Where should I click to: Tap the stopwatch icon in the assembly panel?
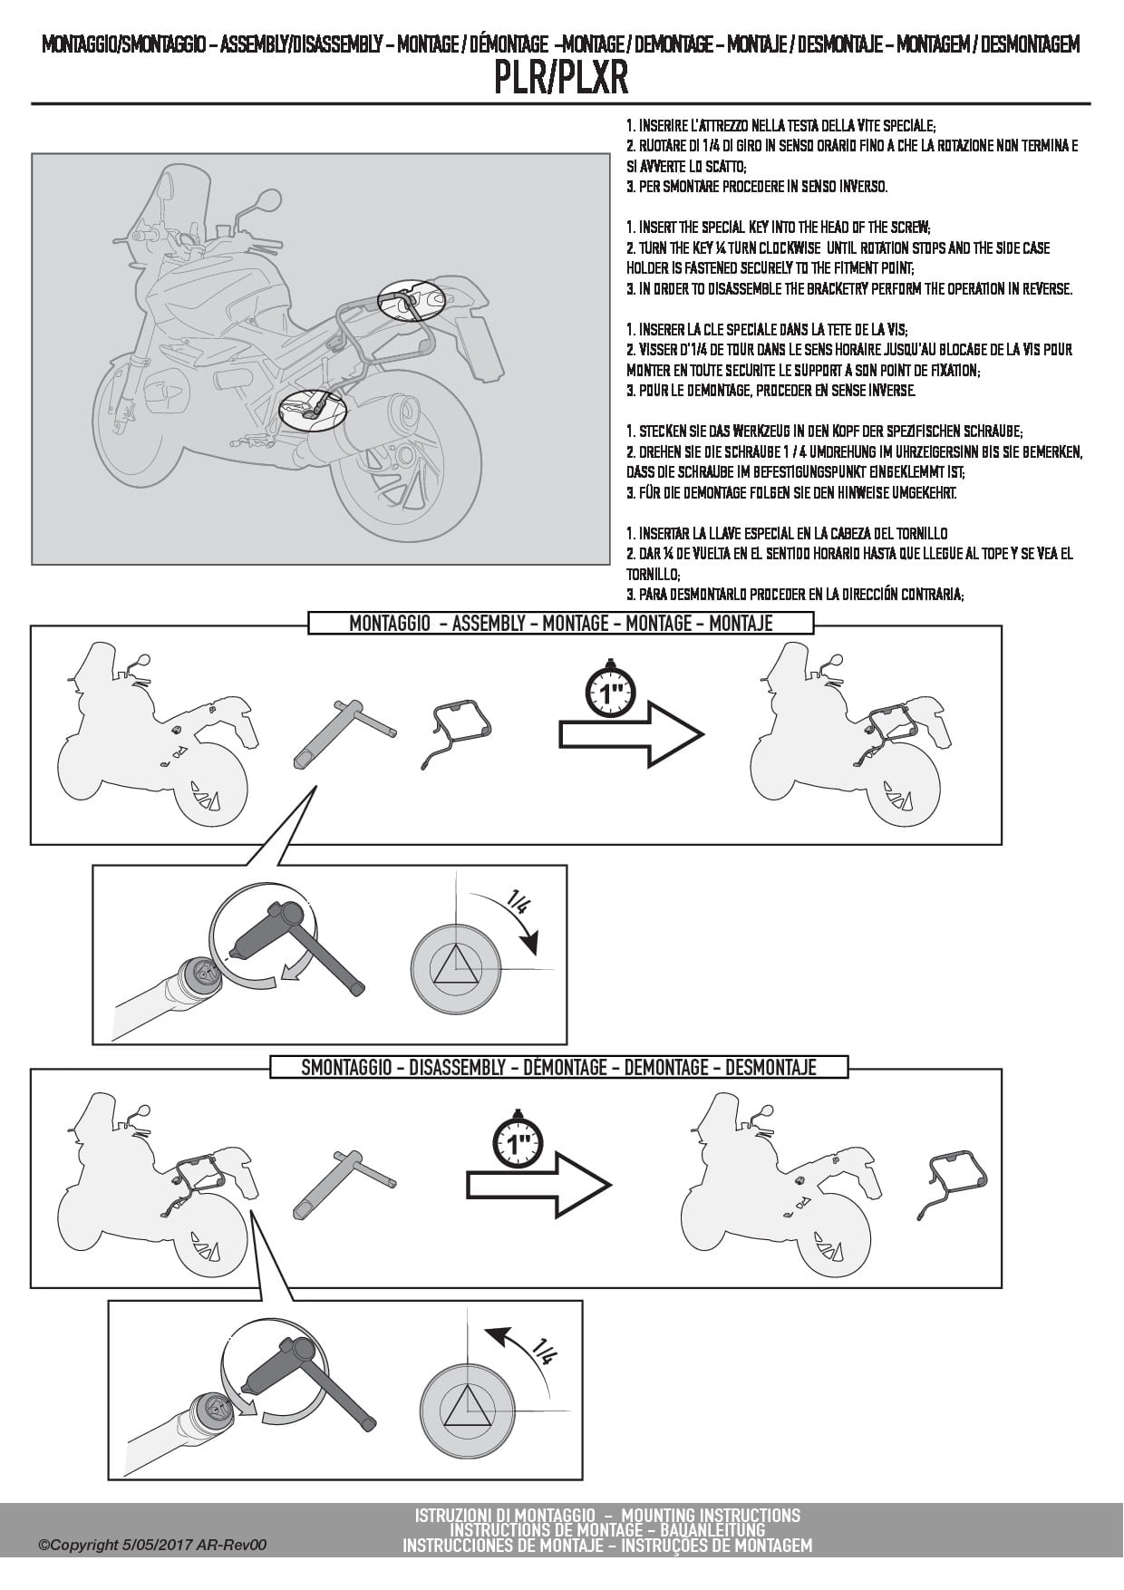pyautogui.click(x=609, y=691)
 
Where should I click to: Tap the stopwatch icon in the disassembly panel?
pyautogui.click(x=518, y=1140)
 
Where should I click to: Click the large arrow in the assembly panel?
pyautogui.click(x=631, y=733)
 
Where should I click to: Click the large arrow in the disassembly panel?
pyautogui.click(x=538, y=1183)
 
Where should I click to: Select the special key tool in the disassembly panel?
pyautogui.click(x=345, y=1183)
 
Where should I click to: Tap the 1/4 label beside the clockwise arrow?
pyautogui.click(x=520, y=903)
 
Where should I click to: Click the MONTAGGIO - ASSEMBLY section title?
pyautogui.click(x=561, y=623)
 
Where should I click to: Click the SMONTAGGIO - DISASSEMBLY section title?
pyautogui.click(x=558, y=1067)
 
